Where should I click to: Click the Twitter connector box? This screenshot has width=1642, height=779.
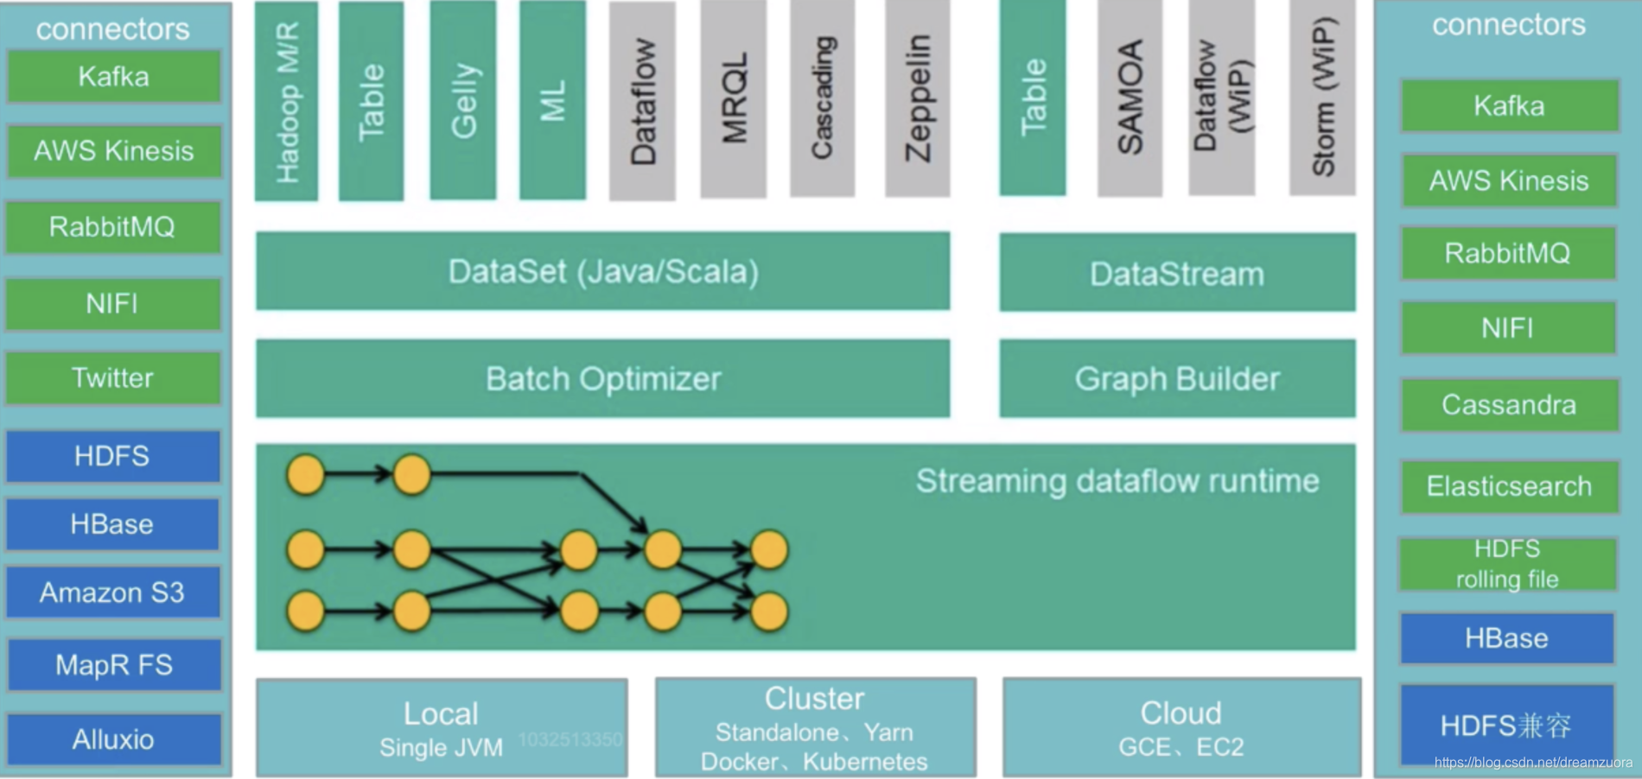(112, 378)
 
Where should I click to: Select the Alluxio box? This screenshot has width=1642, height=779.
(113, 739)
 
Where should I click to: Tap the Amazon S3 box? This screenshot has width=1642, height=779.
(112, 592)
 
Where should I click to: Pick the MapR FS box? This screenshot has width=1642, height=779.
(113, 665)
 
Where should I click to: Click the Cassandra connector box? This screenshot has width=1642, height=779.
(1508, 405)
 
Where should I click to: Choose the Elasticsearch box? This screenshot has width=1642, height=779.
(1508, 486)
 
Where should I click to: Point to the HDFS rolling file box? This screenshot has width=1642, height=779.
(1507, 564)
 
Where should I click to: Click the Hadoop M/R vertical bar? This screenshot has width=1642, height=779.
(287, 101)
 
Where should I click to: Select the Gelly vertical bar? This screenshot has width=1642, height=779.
(463, 100)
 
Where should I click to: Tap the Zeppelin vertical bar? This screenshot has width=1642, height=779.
(917, 99)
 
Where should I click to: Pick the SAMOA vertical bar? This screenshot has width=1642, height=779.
(1130, 98)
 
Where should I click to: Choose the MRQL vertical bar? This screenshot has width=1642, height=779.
(734, 99)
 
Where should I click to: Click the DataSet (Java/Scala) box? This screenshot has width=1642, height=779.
(602, 271)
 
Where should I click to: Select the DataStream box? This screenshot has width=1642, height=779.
(1177, 273)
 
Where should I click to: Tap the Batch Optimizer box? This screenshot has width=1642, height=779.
(602, 378)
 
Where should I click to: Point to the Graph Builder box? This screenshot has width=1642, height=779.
(1177, 378)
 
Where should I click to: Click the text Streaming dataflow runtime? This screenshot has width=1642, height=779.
(1117, 481)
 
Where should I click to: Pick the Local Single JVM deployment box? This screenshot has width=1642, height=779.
(442, 728)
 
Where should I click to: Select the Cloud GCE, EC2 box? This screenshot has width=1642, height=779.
(1181, 728)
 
